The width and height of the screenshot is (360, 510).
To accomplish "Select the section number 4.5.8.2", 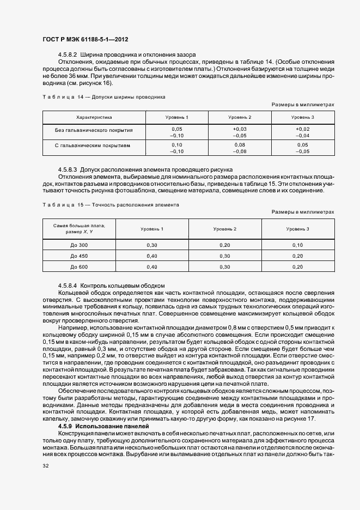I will (69, 55).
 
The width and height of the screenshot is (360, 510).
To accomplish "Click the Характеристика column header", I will (94, 117).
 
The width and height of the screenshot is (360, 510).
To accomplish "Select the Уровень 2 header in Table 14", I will (240, 117).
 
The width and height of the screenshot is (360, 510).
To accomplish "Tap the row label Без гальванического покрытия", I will (94, 131).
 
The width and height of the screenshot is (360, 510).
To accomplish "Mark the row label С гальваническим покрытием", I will (94, 146).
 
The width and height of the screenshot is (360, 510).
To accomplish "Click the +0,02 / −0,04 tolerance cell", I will (302, 131).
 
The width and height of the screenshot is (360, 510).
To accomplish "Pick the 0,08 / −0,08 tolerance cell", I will (240, 148).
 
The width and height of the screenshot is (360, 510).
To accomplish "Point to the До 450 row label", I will (79, 256).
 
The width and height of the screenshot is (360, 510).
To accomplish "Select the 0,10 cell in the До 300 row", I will (297, 245).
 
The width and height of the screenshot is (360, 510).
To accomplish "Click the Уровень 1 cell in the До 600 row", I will (152, 266).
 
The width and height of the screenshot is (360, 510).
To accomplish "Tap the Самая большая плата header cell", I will (79, 229).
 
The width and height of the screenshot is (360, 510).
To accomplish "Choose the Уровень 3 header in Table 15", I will (297, 229).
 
